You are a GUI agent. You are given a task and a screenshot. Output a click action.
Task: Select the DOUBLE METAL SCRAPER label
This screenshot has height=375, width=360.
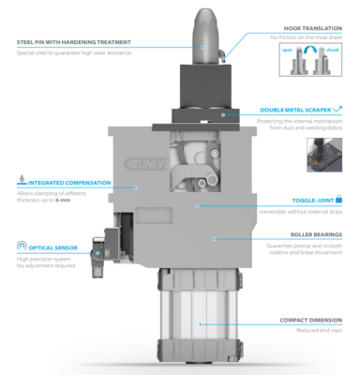(295, 110)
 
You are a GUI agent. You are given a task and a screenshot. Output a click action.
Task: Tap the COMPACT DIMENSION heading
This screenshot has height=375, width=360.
(309, 320)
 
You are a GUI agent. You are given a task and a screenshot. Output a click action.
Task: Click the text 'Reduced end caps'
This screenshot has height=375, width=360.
(320, 330)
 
